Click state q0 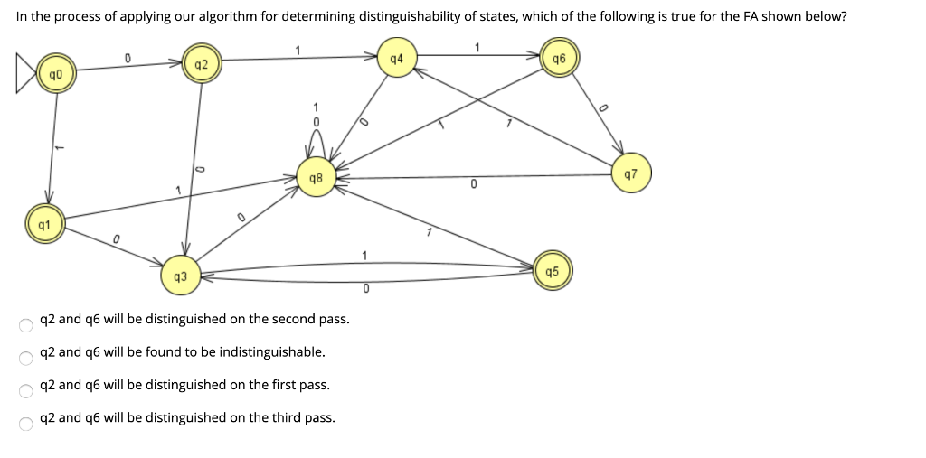(x=56, y=74)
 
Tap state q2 (x=201, y=64)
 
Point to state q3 (x=180, y=275)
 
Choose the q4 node (x=395, y=59)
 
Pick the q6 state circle (x=558, y=58)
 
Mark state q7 (x=630, y=173)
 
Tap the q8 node (x=316, y=178)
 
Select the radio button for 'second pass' (x=25, y=323)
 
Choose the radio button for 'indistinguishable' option (x=25, y=357)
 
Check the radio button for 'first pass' (x=25, y=389)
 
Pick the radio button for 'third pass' (x=25, y=422)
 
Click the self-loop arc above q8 (x=317, y=145)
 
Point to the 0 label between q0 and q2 (x=128, y=58)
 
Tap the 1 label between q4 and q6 (x=477, y=47)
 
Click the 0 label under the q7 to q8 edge (x=473, y=184)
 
